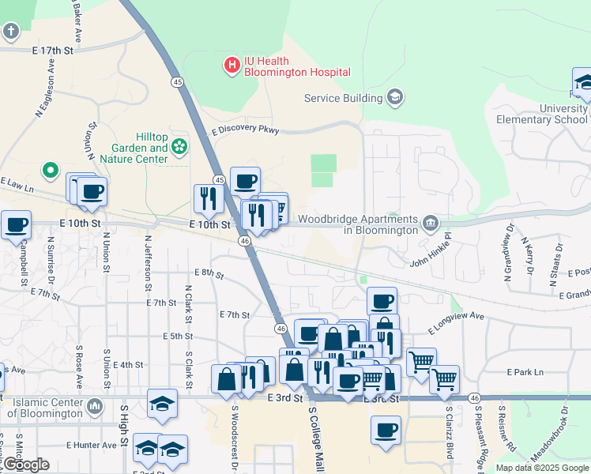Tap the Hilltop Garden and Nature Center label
coord(141,148)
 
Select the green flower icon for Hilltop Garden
coord(180,145)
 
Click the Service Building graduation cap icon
coord(394,98)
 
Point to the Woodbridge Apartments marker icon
coord(430,224)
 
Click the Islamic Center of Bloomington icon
coord(95,407)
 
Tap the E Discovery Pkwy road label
coord(246,130)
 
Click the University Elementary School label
coord(541,114)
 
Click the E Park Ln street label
coord(526,371)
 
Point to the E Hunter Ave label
coord(92,445)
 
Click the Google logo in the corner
coord(25,465)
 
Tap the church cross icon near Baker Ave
coord(10,32)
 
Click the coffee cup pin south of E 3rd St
coord(386,431)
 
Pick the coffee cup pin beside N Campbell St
coord(17,224)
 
